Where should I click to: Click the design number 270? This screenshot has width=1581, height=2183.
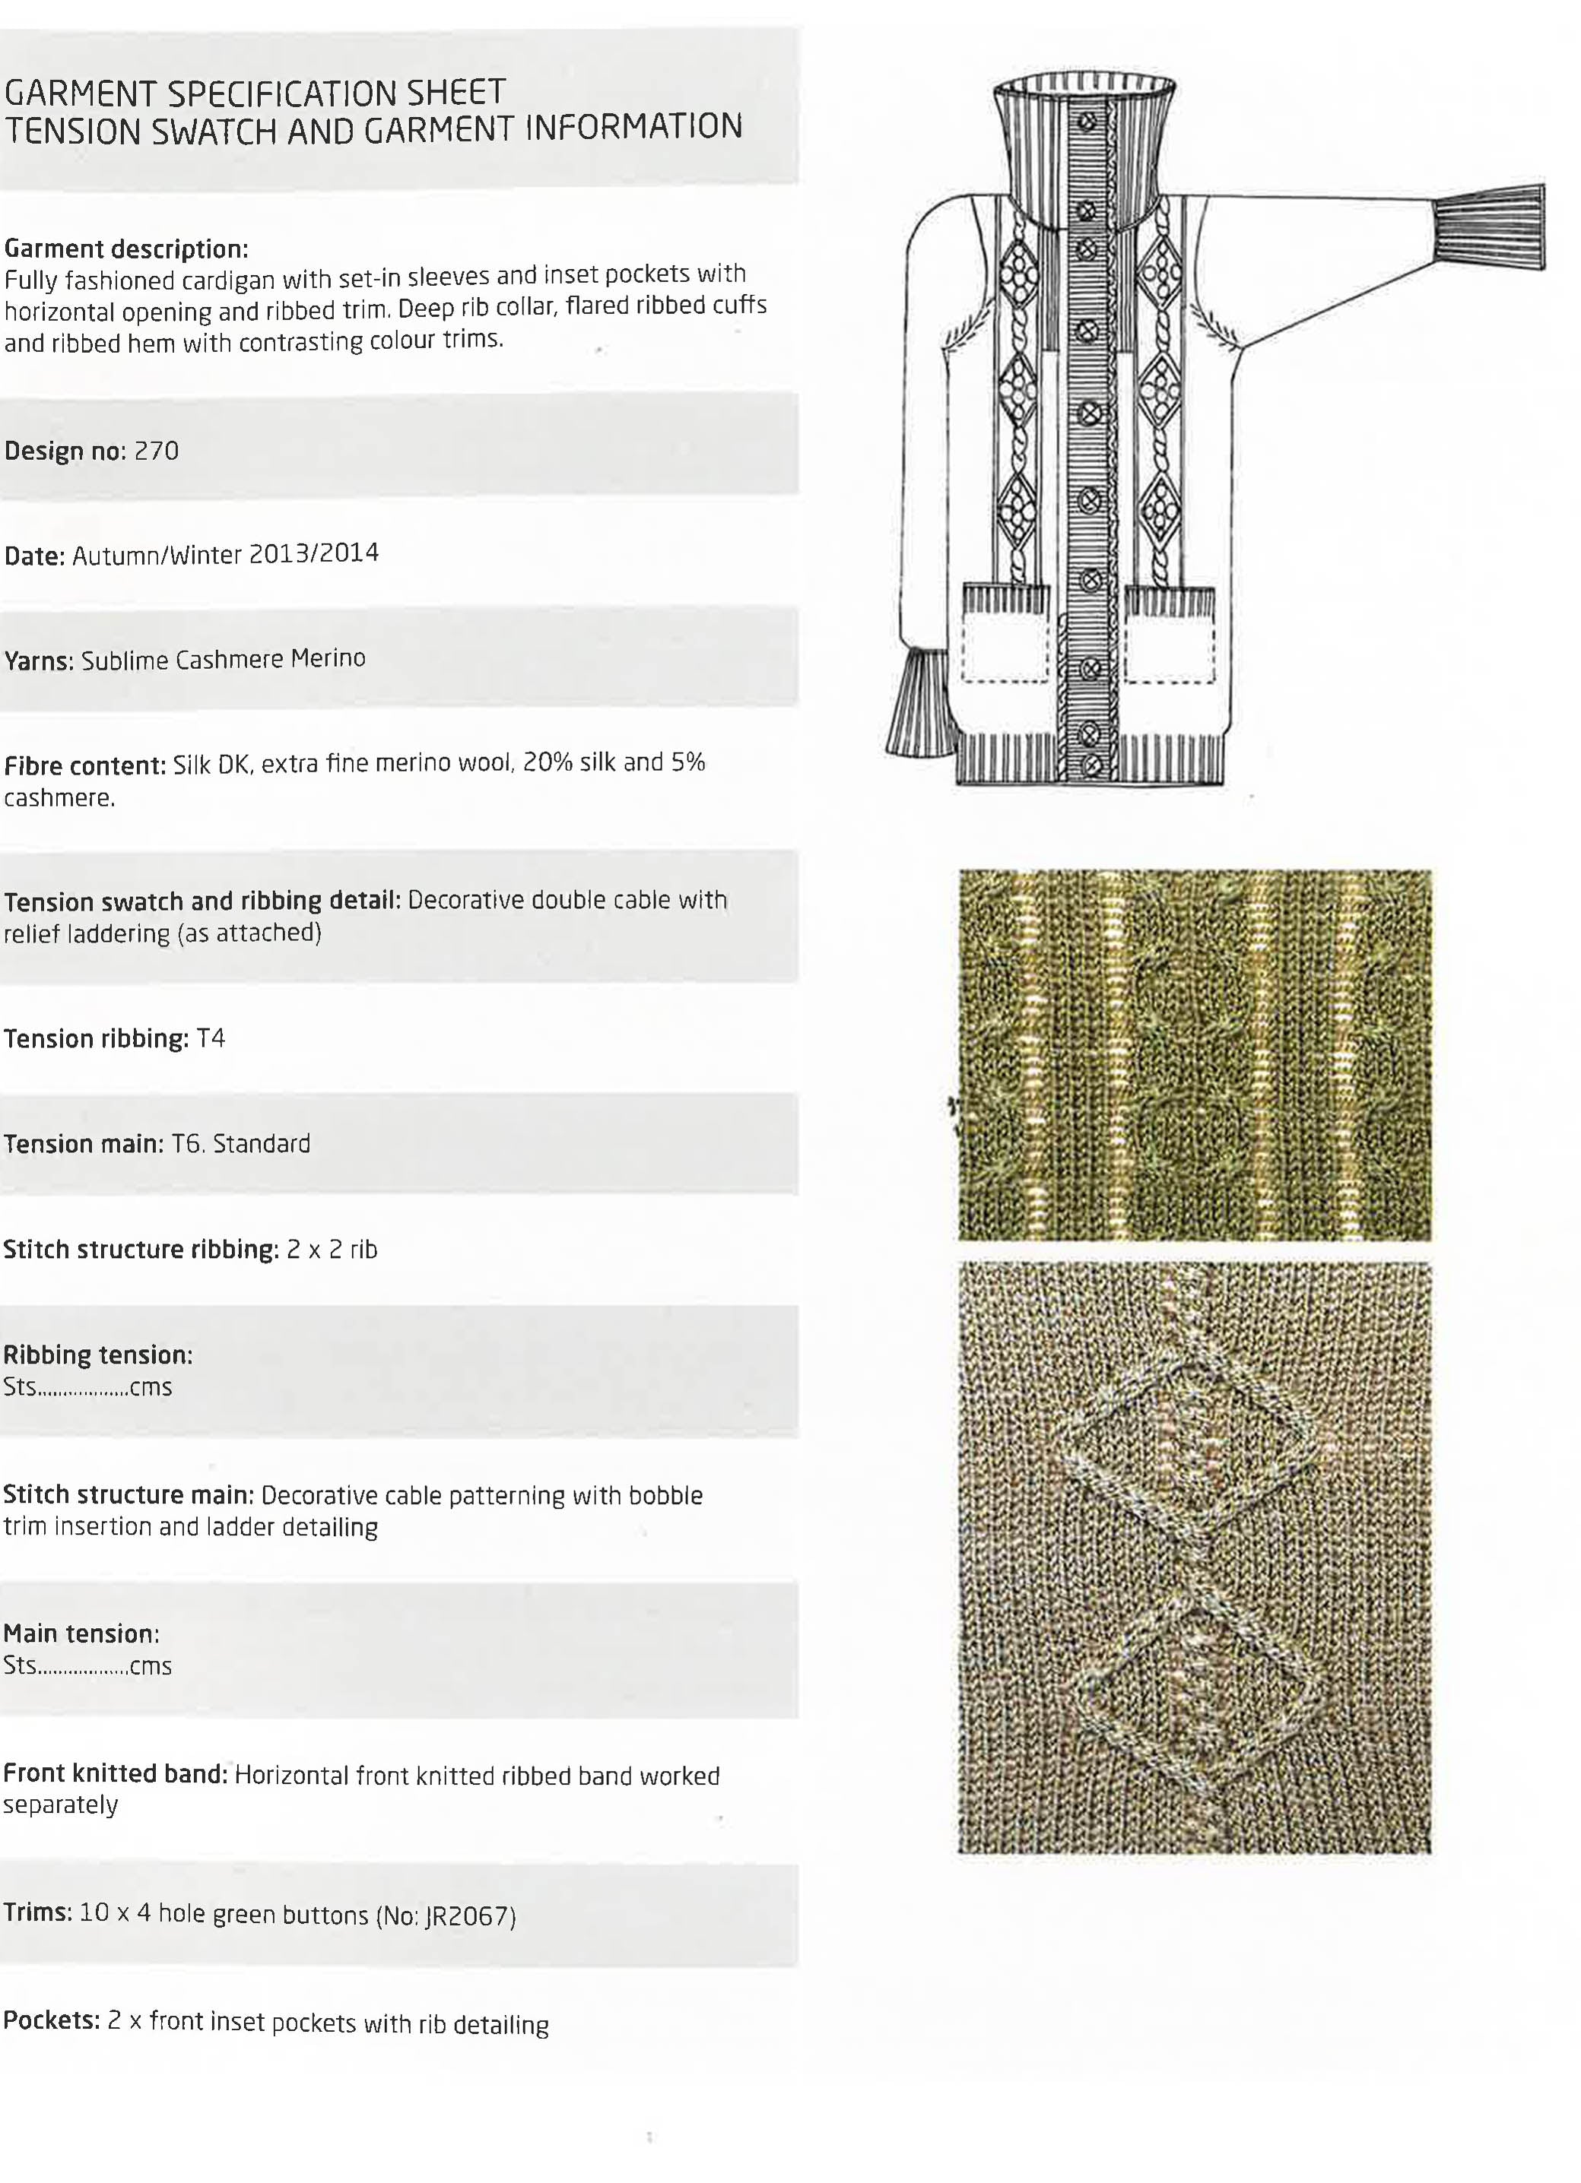pyautogui.click(x=156, y=451)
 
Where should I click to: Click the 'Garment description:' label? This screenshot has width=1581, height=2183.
pyautogui.click(x=126, y=249)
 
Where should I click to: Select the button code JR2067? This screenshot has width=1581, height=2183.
pyautogui.click(x=469, y=1915)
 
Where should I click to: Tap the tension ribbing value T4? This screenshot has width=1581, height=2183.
pyautogui.click(x=210, y=1038)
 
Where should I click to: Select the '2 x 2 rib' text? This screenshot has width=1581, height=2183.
pyautogui.click(x=332, y=1250)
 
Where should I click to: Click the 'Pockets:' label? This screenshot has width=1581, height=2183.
pyautogui.click(x=51, y=2020)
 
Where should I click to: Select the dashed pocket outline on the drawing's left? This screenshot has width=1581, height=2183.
pyautogui.click(x=1005, y=648)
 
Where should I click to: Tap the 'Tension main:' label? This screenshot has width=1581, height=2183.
pyautogui.click(x=84, y=1143)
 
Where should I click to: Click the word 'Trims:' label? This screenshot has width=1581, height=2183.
pyautogui.click(x=37, y=1912)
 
